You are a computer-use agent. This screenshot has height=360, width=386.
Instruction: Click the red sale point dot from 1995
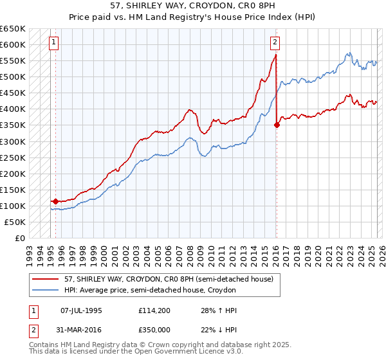[55, 201]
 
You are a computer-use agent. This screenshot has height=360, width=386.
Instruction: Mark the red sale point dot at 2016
[277, 125]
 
